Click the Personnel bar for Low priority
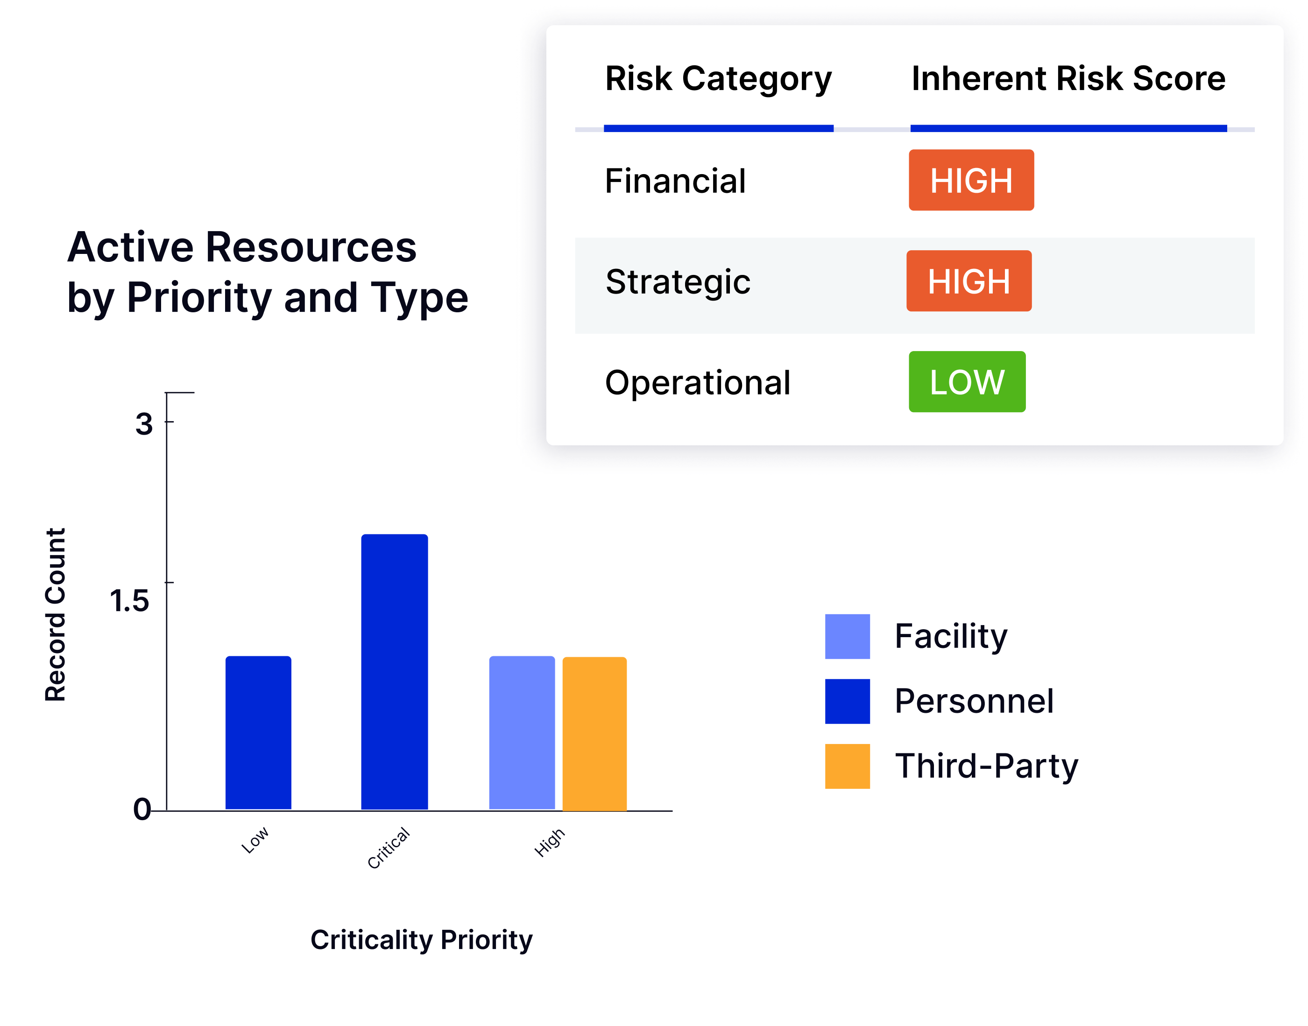pyautogui.click(x=258, y=733)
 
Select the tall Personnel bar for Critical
pyautogui.click(x=394, y=672)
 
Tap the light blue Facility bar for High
pyautogui.click(x=522, y=733)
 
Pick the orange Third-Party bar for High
pyautogui.click(x=594, y=733)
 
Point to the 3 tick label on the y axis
pyautogui.click(x=144, y=424)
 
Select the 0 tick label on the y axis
pyautogui.click(x=142, y=809)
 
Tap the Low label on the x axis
pyautogui.click(x=255, y=840)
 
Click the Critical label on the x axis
pyautogui.click(x=389, y=848)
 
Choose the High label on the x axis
pyautogui.click(x=550, y=842)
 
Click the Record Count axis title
pyautogui.click(x=55, y=614)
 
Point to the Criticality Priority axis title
pyautogui.click(x=421, y=940)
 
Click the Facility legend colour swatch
pyautogui.click(x=847, y=636)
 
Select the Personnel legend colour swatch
pyautogui.click(x=847, y=701)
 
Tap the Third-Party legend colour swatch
pyautogui.click(x=847, y=766)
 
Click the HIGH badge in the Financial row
pyautogui.click(x=971, y=180)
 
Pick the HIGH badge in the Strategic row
pyautogui.click(x=969, y=281)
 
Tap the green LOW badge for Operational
pyautogui.click(x=967, y=381)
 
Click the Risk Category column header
pyautogui.click(x=718, y=79)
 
